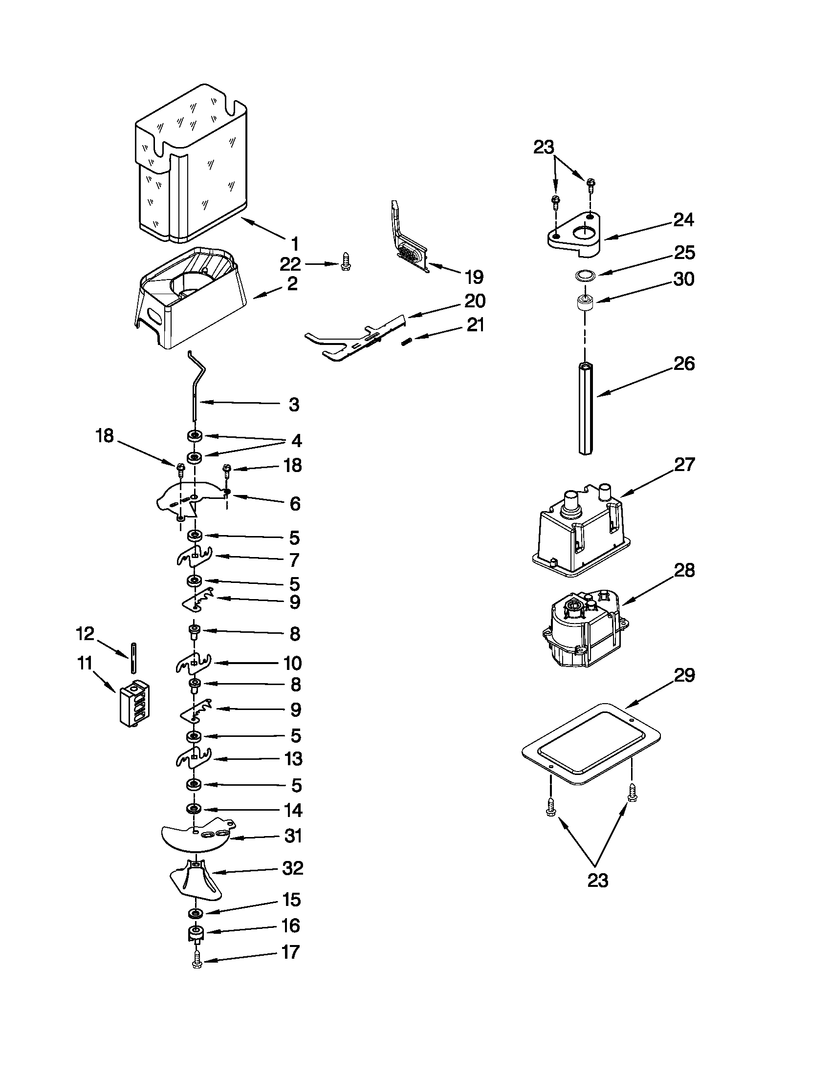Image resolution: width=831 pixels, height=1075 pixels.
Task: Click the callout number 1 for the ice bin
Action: pyautogui.click(x=294, y=243)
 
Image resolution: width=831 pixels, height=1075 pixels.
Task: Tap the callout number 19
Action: pyautogui.click(x=474, y=277)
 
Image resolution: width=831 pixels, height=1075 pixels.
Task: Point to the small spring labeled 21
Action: pyautogui.click(x=406, y=341)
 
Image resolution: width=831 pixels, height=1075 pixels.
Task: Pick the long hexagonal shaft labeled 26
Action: pyautogui.click(x=584, y=408)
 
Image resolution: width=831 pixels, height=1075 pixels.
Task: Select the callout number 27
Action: pyautogui.click(x=684, y=464)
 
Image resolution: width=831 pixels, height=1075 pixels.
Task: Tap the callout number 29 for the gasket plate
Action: pyautogui.click(x=684, y=675)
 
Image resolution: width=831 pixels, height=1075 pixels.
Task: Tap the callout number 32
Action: pyautogui.click(x=292, y=868)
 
